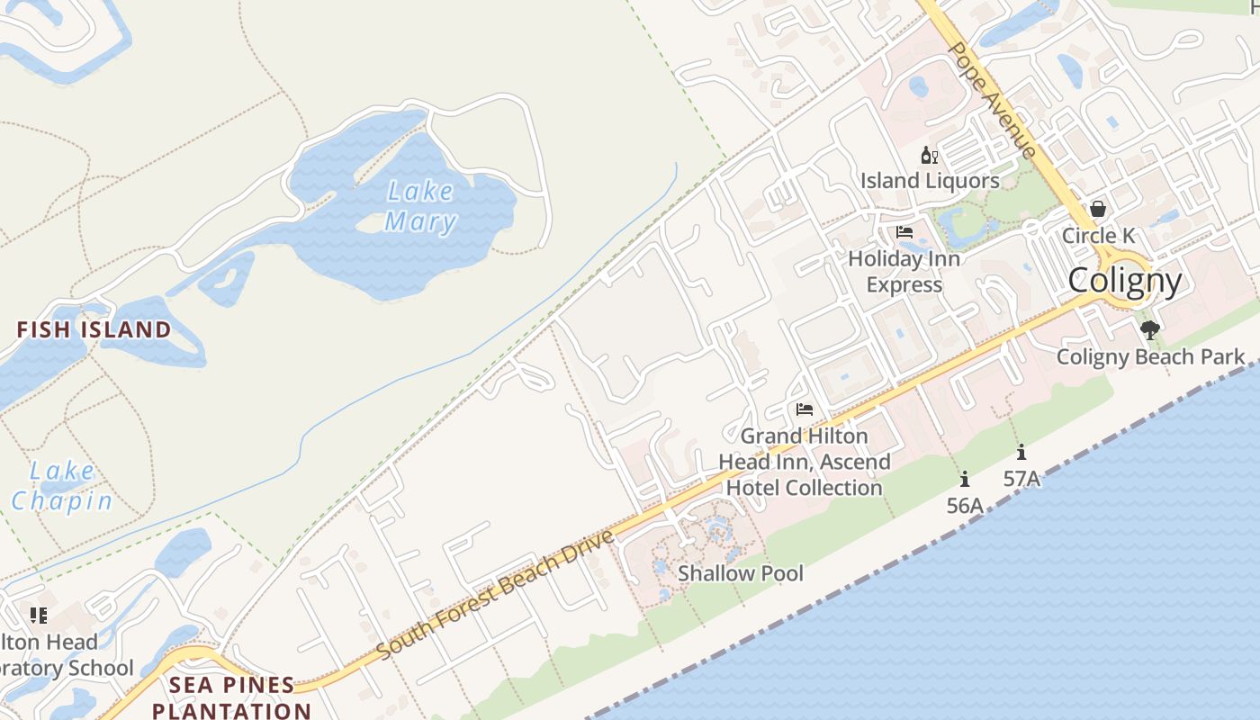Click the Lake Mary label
point(419,206)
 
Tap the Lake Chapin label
point(62,486)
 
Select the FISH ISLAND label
point(94,329)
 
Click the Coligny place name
point(1124,281)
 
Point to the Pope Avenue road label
point(993,100)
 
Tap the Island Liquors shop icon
point(930,156)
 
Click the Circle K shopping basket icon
point(1098,209)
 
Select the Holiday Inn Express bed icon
point(904,232)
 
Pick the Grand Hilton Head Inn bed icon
point(805,409)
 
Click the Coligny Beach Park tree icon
point(1149,330)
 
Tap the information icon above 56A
point(965,480)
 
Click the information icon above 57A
point(1021,453)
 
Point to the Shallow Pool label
point(741,573)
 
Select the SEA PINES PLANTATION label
point(232,697)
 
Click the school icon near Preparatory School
point(38,616)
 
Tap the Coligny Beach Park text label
point(1150,356)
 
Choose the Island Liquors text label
point(930,181)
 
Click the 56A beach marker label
point(965,506)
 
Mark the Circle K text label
point(1098,236)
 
